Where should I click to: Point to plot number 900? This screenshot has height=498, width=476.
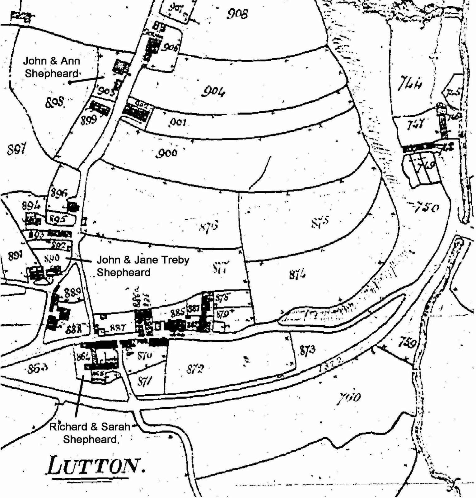[x=168, y=153]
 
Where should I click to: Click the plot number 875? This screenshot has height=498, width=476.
[x=320, y=223]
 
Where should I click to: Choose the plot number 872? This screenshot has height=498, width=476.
[x=195, y=369]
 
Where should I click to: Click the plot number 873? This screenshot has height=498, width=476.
[x=308, y=350]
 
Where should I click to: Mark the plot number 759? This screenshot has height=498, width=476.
[x=408, y=343]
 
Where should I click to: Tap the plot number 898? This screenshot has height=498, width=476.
[x=55, y=102]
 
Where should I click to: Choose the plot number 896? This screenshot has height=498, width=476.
[x=59, y=193]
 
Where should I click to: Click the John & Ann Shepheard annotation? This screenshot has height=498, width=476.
[x=52, y=67]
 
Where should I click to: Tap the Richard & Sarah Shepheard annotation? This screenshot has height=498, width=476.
[x=90, y=433]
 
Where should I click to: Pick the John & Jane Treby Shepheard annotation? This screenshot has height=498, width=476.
[x=143, y=266]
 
